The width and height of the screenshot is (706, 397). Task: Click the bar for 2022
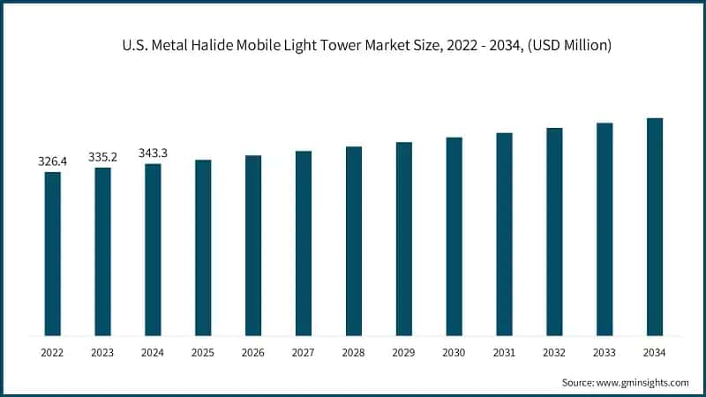point(53,254)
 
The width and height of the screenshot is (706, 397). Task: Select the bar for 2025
point(203,248)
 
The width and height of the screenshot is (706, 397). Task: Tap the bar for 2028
point(354,241)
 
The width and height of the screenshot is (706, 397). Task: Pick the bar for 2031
point(504,235)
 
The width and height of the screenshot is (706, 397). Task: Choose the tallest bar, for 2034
point(654,227)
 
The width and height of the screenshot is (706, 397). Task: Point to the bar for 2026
point(253,245)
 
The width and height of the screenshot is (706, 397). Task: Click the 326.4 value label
point(53,161)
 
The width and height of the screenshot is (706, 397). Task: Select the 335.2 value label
point(103,157)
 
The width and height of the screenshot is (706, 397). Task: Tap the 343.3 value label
point(153,153)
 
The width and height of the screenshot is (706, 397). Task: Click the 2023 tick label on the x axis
point(103,352)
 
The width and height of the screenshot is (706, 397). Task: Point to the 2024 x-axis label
point(153,352)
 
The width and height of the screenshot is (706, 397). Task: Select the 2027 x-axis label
point(304,352)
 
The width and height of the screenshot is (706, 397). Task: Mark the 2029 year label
point(403,352)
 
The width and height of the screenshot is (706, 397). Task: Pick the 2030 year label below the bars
point(454,352)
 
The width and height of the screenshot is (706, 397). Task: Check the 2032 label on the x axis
point(554,352)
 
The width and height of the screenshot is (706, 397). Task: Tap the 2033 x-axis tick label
point(604,352)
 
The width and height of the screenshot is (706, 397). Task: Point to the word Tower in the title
point(339,44)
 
